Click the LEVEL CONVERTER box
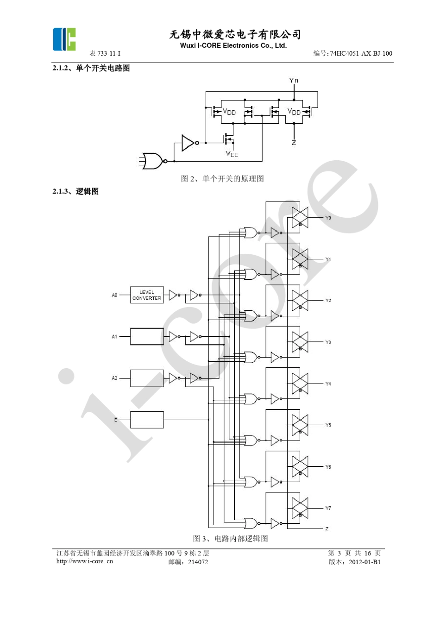click(x=147, y=295)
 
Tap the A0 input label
click(x=114, y=295)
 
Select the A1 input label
click(x=114, y=337)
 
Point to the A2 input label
click(x=114, y=378)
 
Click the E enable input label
click(x=116, y=420)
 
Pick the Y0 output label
click(x=328, y=218)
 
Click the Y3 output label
click(x=328, y=342)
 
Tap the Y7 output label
click(x=328, y=508)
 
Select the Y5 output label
click(x=328, y=425)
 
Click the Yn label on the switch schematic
click(x=294, y=81)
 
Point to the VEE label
click(x=232, y=154)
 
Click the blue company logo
click(x=64, y=39)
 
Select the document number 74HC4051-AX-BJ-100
click(x=361, y=54)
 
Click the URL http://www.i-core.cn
click(x=84, y=561)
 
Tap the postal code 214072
click(x=198, y=562)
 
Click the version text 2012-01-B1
click(x=365, y=562)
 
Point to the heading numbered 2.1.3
click(x=75, y=191)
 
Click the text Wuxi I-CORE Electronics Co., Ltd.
click(x=233, y=45)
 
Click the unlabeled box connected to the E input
click(x=147, y=420)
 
